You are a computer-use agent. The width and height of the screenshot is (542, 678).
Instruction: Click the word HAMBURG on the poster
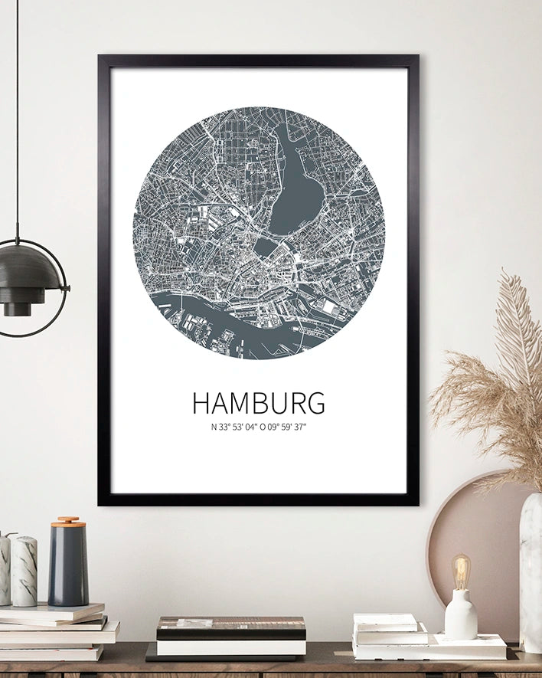click(258, 403)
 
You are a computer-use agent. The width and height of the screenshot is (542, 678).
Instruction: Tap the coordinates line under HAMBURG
click(258, 427)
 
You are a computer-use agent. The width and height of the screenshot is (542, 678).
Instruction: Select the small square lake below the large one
click(265, 247)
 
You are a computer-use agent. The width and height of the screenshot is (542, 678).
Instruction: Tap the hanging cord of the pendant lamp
click(17, 115)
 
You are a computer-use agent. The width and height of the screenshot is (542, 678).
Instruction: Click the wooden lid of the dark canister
click(68, 522)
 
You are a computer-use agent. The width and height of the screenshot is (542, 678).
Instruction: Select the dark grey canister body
click(68, 567)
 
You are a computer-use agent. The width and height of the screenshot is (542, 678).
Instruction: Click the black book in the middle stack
click(231, 628)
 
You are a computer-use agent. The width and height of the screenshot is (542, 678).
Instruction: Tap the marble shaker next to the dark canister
click(24, 571)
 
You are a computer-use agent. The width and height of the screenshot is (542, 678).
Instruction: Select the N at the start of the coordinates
click(214, 427)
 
